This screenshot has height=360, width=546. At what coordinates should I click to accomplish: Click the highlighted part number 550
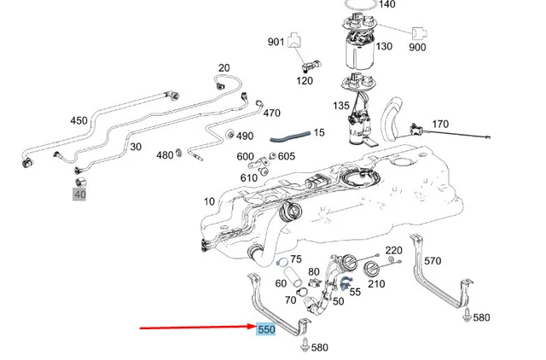click(x=266, y=328)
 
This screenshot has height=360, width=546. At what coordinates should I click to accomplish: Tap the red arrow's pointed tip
click(x=253, y=327)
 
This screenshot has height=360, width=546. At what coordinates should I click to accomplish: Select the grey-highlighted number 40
click(x=80, y=195)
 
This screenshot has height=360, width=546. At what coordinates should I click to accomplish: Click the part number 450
click(x=78, y=120)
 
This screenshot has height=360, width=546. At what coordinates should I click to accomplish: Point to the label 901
click(x=276, y=42)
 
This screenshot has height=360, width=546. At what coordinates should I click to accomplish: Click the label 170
click(x=440, y=125)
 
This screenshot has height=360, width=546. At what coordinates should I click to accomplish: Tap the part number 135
click(x=341, y=107)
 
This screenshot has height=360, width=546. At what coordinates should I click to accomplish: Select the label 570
click(x=433, y=261)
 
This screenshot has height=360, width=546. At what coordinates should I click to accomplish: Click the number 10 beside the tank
click(x=210, y=202)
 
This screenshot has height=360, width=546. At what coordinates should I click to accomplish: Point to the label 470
click(x=271, y=113)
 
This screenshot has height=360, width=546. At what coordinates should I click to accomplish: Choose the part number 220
click(x=394, y=251)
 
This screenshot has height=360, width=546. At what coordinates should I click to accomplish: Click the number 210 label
click(x=376, y=284)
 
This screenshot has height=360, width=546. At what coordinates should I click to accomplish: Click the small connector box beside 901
click(x=295, y=38)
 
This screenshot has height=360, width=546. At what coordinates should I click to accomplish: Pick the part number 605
click(x=286, y=156)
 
